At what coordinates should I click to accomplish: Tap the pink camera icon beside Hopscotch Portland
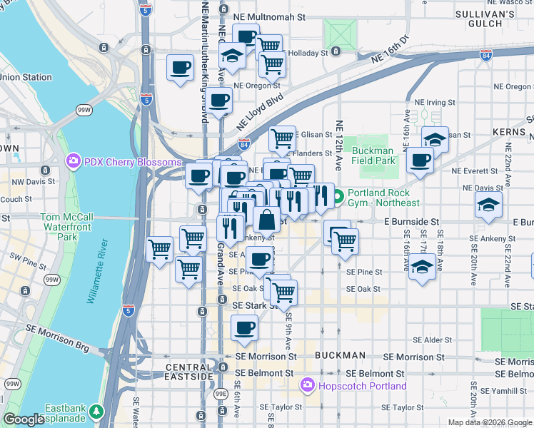(x=308, y=386)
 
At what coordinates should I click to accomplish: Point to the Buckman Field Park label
(x=373, y=156)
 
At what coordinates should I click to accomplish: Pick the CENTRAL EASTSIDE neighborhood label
(x=189, y=372)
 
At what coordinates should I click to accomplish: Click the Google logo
(x=24, y=419)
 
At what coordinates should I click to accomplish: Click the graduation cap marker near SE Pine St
(x=423, y=267)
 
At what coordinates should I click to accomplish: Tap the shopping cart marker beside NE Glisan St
(x=283, y=137)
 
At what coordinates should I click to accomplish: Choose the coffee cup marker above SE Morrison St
(x=244, y=328)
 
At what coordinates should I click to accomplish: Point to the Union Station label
(x=26, y=77)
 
